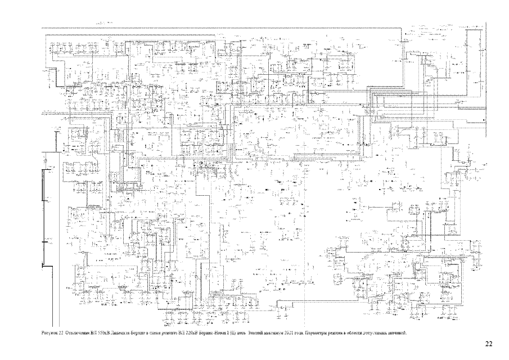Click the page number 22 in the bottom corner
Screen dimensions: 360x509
pos(489,343)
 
